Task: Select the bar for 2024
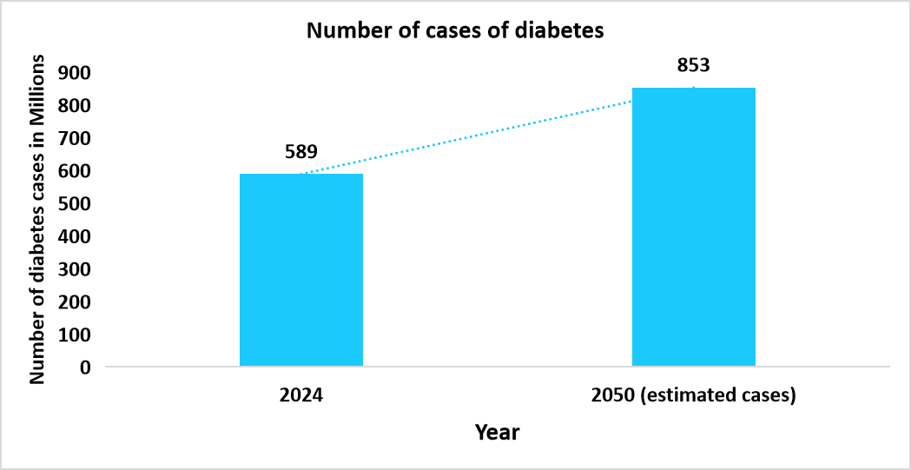point(300,269)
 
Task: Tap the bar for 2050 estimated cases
point(693,227)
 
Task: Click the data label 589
point(301,151)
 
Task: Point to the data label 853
point(694,65)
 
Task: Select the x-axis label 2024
point(301,395)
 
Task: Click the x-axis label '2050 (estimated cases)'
point(693,395)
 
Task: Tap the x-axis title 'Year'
point(497,432)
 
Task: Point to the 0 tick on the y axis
point(84,367)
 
